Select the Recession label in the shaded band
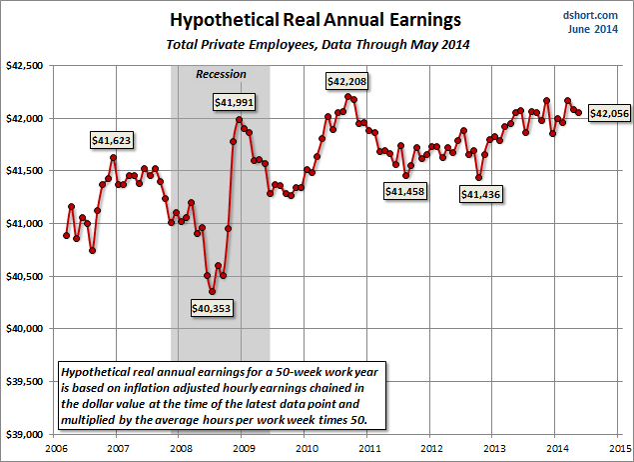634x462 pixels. click(x=220, y=74)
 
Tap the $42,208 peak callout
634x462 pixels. click(x=349, y=80)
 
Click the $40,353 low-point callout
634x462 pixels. click(x=211, y=308)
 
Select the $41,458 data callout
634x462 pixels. click(x=406, y=190)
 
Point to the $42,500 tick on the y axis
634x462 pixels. click(x=24, y=65)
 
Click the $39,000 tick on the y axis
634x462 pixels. click(x=24, y=434)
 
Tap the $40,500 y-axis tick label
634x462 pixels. click(x=24, y=276)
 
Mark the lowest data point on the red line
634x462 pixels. click(x=213, y=291)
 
